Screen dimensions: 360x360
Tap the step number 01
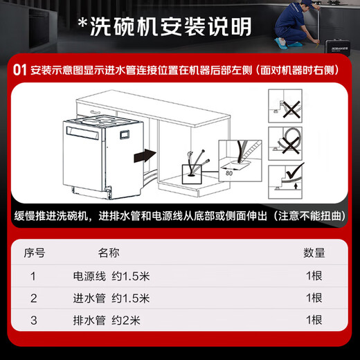[18, 71]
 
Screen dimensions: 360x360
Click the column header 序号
[35, 253]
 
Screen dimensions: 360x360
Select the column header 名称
[109, 253]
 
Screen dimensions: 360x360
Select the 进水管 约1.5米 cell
[111, 298]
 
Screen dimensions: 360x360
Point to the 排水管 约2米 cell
[107, 320]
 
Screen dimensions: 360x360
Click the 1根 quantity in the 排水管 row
[314, 320]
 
